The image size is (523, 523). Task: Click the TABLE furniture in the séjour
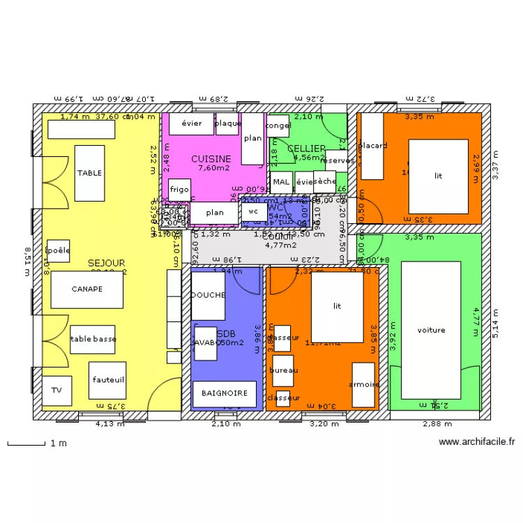pos(89,173)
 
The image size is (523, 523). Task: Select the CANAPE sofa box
pos(86,289)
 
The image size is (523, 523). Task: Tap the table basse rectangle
pos(93,339)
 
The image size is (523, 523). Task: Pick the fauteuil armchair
pos(107,380)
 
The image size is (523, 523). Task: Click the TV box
pos(56,391)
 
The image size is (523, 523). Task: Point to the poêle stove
pos(58,250)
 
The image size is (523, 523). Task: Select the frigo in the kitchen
pos(179,190)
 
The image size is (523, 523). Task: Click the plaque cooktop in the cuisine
pos(228,123)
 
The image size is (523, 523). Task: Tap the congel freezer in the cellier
pos(278,126)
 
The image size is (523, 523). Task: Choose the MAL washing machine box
pos(281,183)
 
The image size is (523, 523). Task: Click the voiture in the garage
pos(431,330)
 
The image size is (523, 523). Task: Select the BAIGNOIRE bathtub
pos(225,393)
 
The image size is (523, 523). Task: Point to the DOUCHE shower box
pos(208,295)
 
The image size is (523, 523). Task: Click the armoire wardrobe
pos(363,384)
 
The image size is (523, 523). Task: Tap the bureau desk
pos(283,370)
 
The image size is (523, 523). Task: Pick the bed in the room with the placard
pos(438,176)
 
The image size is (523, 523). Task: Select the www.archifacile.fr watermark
pos(477,441)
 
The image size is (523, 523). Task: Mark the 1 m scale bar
pos(26,443)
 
